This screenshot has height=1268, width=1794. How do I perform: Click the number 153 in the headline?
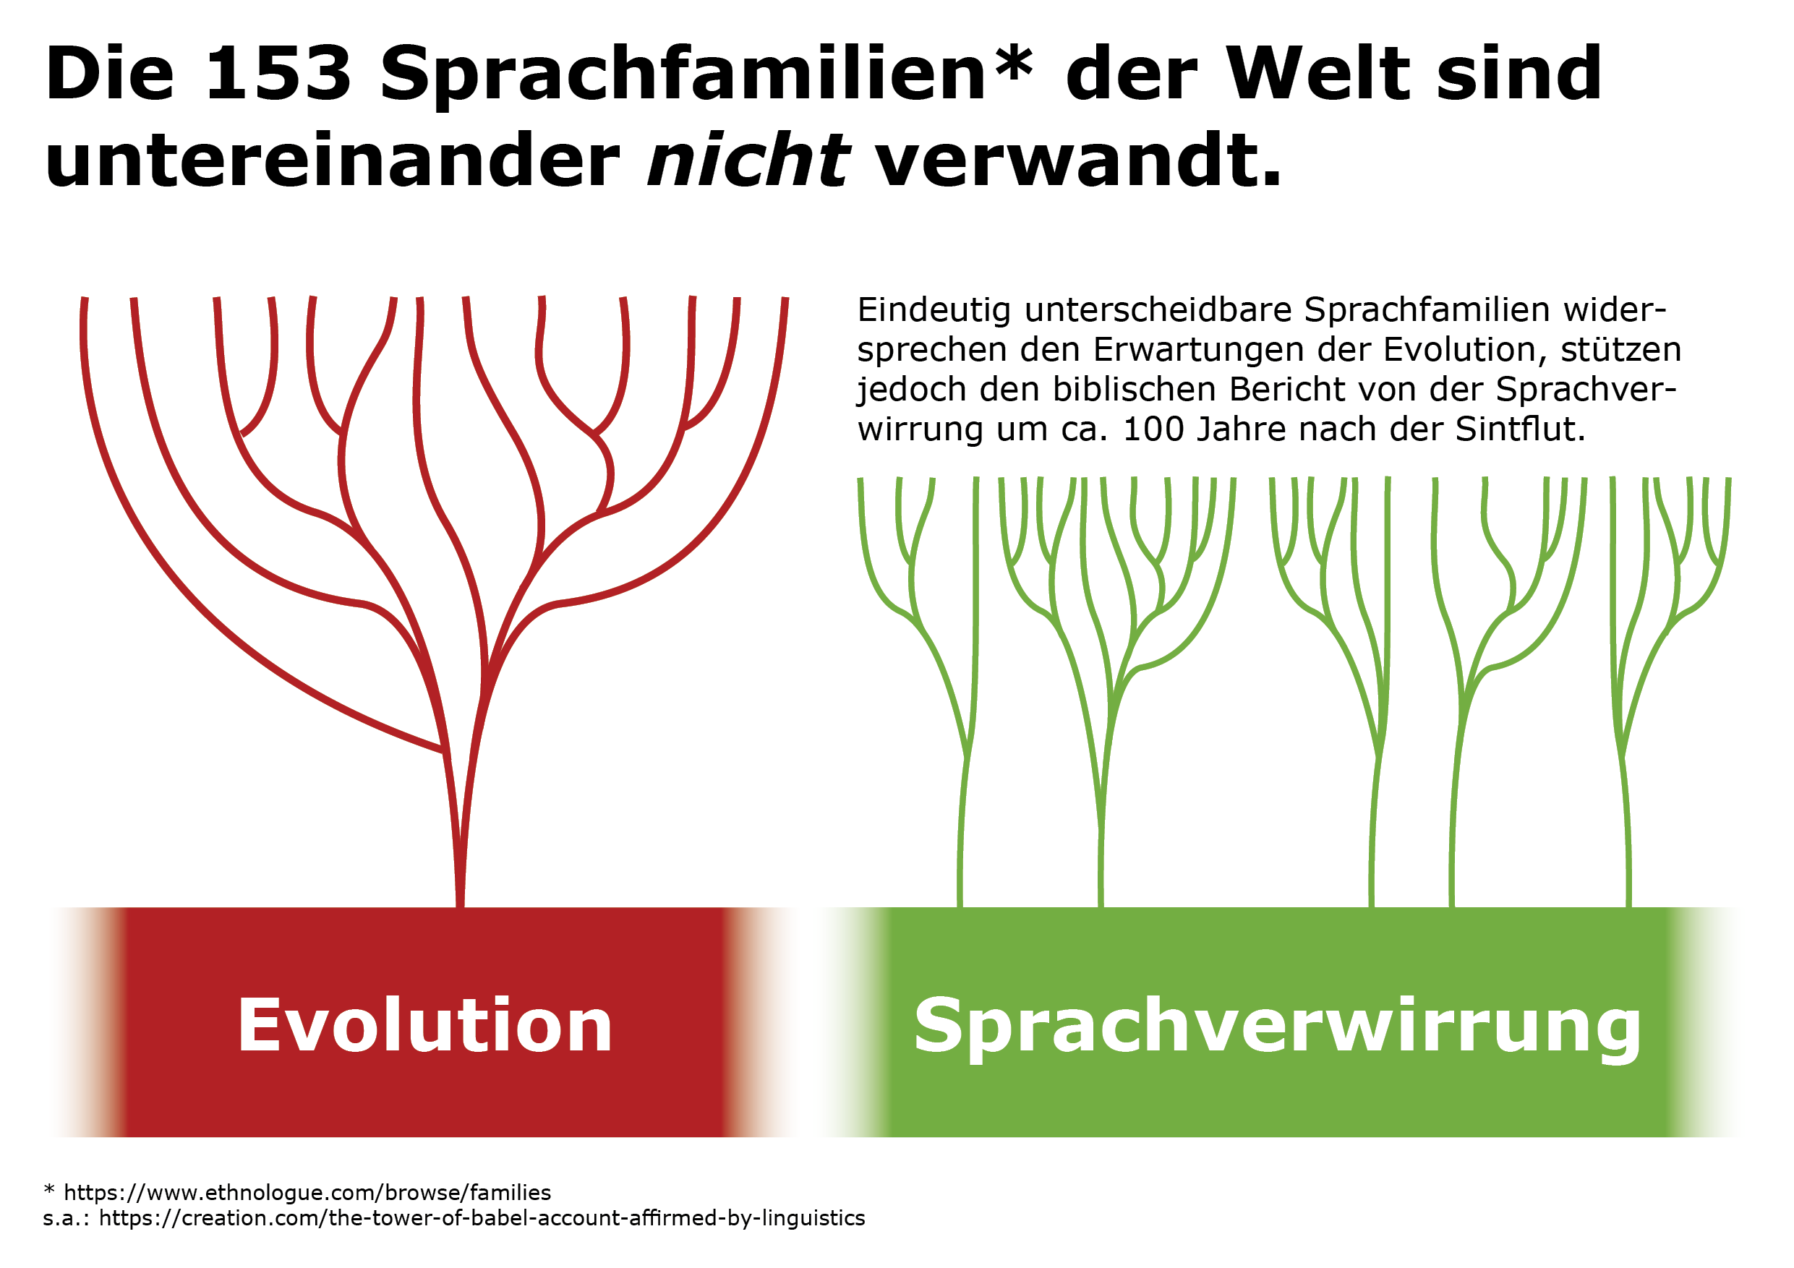click(278, 74)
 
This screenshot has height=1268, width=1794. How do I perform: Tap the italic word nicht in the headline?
click(748, 161)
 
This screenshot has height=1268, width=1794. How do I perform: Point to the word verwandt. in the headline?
click(1078, 161)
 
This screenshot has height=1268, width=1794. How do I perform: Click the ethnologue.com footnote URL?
click(307, 1192)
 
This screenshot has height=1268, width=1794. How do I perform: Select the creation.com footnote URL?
click(482, 1218)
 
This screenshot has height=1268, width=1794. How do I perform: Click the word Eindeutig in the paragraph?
click(935, 311)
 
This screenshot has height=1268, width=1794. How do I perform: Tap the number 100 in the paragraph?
click(1154, 429)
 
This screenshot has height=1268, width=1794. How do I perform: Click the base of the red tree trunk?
click(460, 904)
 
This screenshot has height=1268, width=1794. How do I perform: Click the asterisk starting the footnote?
click(49, 1190)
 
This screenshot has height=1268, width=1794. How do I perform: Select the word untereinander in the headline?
click(333, 161)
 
